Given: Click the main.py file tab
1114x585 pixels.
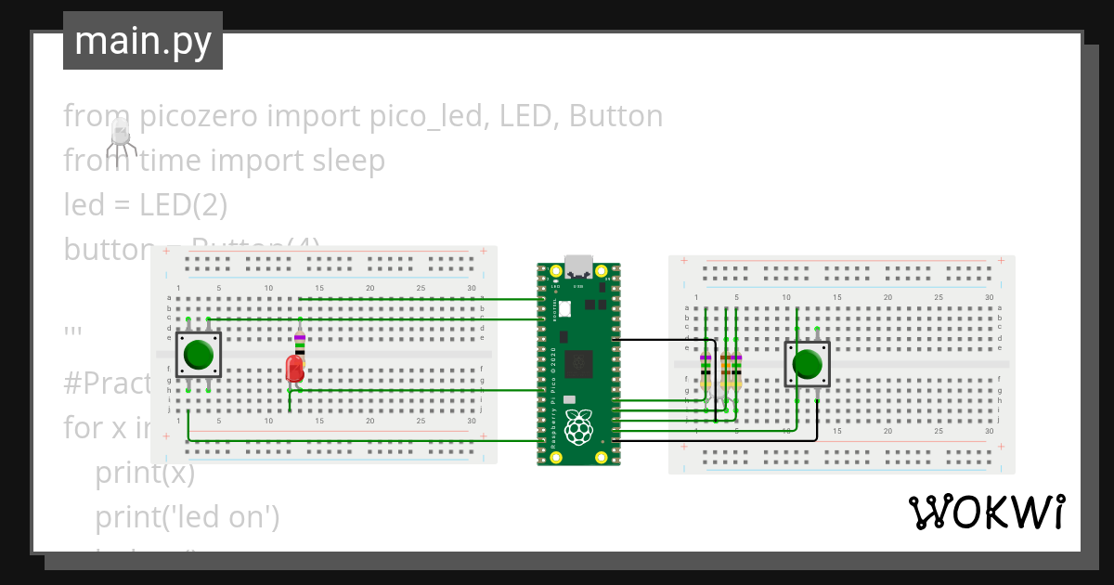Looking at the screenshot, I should coord(142,41).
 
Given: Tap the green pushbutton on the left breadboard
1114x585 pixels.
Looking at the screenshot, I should coord(199,355).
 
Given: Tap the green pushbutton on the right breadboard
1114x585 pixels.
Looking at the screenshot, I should coord(808,363).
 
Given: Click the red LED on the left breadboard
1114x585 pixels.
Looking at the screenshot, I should coord(295,369).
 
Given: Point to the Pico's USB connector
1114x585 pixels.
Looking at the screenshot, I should coord(578,266).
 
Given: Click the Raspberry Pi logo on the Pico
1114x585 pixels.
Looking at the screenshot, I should coord(578,428).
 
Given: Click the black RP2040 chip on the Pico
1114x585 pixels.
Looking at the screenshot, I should coord(579,363).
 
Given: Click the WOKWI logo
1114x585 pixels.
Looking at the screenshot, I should coord(986,513).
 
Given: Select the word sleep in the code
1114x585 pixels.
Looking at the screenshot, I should coord(343,161).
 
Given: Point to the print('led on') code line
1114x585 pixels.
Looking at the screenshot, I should coord(188,516).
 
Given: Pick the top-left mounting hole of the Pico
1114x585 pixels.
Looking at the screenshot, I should coord(555,272).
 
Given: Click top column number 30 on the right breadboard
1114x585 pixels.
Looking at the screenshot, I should coord(989,297).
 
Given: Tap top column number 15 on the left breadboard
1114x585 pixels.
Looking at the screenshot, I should coord(319,288).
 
